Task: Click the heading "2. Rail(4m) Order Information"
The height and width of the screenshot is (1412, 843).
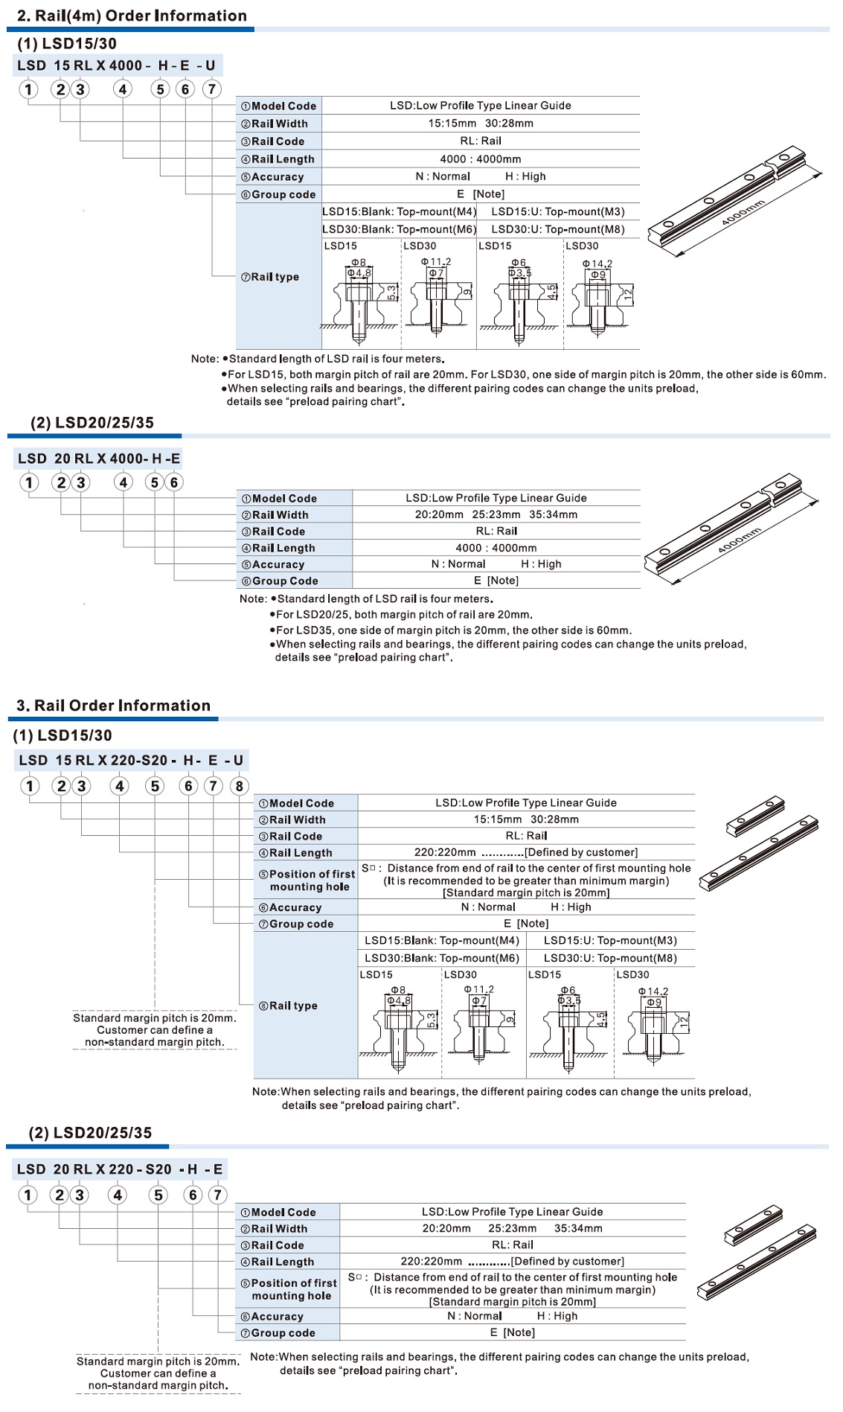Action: [x=132, y=16]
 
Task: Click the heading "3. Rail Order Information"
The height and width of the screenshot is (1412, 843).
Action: [x=113, y=706]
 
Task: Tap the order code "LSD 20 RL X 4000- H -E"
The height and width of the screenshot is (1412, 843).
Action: [x=99, y=459]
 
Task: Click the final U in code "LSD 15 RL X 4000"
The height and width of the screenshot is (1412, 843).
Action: [x=211, y=66]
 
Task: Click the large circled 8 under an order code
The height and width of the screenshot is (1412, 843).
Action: [x=239, y=786]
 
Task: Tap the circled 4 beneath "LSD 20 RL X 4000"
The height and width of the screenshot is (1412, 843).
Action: [x=124, y=482]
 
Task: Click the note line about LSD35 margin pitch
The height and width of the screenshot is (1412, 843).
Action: [x=453, y=630]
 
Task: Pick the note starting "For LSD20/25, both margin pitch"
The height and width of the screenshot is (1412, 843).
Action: [x=404, y=615]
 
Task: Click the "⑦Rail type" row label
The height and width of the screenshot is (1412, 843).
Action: [x=270, y=277]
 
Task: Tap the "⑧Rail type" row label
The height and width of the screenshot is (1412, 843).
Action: [x=288, y=1006]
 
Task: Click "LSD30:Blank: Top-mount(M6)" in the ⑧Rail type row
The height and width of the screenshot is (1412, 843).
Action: [x=442, y=958]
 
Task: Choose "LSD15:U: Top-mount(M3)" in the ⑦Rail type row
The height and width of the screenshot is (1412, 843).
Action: [x=558, y=211]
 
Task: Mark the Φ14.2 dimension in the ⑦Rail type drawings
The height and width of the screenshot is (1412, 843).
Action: [x=597, y=263]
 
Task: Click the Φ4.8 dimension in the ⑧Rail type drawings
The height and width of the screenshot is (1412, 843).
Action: [x=399, y=1000]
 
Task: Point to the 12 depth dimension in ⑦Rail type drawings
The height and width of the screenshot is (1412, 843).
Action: [x=628, y=295]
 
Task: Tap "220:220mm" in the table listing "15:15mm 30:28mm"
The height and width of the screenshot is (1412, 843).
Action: [x=445, y=852]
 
